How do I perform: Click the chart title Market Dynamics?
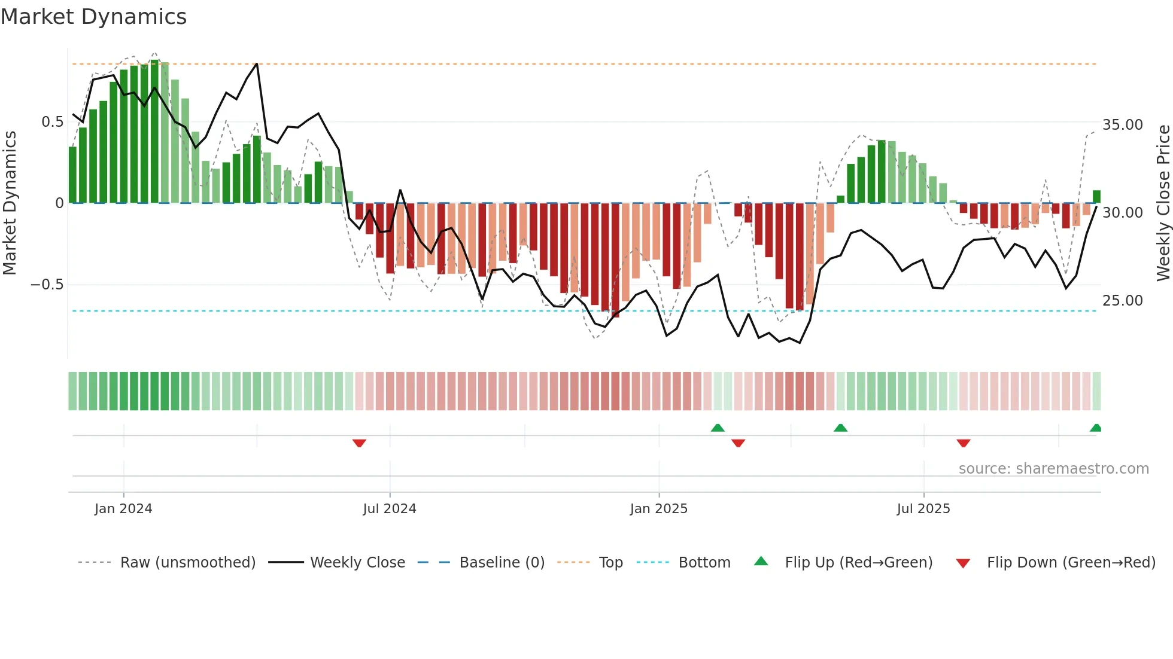click(93, 17)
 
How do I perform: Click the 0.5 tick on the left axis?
click(52, 122)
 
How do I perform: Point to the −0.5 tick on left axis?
click(47, 285)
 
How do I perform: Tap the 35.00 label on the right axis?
click(1122, 125)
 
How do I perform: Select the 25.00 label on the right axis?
click(1122, 301)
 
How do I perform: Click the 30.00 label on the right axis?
click(1122, 213)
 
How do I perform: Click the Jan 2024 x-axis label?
click(123, 509)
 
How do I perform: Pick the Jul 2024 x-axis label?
click(389, 509)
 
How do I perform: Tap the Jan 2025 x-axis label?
click(658, 509)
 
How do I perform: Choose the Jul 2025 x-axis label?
click(923, 509)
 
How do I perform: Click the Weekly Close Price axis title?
click(1163, 203)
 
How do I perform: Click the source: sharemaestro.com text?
click(1053, 469)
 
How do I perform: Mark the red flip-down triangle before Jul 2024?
click(359, 443)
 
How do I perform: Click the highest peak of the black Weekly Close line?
click(257, 64)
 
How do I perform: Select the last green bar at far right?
click(1096, 197)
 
